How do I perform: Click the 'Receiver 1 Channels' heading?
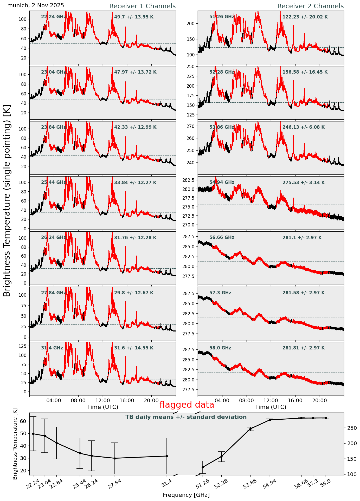click(142, 6)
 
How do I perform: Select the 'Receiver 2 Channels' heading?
click(310, 6)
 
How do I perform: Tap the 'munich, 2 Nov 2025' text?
click(36, 5)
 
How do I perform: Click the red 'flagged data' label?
click(187, 405)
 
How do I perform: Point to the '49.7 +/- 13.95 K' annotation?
click(134, 17)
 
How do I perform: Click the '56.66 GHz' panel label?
click(222, 237)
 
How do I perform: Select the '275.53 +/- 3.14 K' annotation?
click(303, 183)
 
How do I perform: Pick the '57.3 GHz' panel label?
click(220, 293)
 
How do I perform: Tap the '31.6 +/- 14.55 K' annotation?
click(134, 348)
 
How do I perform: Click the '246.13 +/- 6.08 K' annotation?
click(303, 127)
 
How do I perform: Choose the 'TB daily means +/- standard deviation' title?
click(186, 417)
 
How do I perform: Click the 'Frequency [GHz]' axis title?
click(186, 495)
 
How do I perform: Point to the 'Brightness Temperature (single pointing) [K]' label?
click(7, 200)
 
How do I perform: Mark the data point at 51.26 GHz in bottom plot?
click(203, 467)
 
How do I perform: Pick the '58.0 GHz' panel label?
click(220, 348)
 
